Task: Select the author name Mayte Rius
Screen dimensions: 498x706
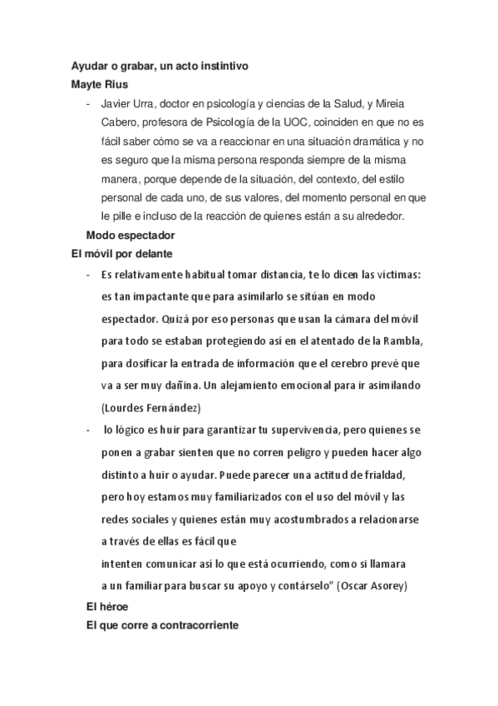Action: pos(100,85)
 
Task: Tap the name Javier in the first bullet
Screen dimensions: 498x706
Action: pos(116,106)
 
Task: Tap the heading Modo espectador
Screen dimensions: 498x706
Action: pos(130,235)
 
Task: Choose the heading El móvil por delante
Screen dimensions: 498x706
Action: pos(121,253)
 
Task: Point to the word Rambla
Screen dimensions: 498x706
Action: pos(401,341)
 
